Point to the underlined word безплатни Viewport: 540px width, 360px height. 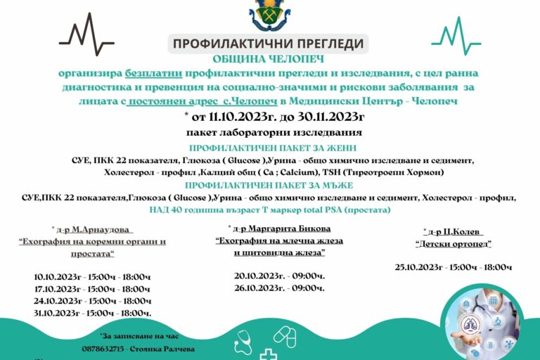click(x=153, y=73)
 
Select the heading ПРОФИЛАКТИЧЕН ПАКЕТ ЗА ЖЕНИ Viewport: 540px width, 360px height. click(x=273, y=148)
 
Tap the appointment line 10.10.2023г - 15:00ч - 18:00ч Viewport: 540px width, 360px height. click(x=91, y=276)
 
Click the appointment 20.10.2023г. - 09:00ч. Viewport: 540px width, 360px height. click(x=279, y=276)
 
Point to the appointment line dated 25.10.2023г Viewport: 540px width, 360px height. click(x=453, y=267)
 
